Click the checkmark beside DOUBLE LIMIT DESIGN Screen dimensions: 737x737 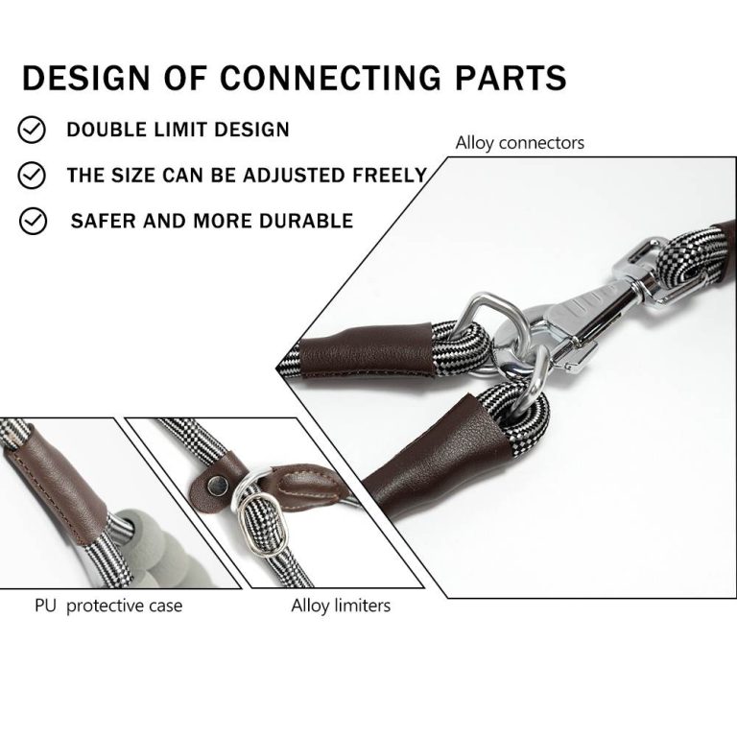(x=33, y=129)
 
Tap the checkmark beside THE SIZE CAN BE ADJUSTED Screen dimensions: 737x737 (x=33, y=175)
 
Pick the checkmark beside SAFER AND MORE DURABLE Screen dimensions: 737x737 (x=33, y=221)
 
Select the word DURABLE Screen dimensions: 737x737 (x=308, y=221)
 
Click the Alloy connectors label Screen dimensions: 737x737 (x=519, y=143)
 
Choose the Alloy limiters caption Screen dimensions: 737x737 (x=341, y=606)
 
